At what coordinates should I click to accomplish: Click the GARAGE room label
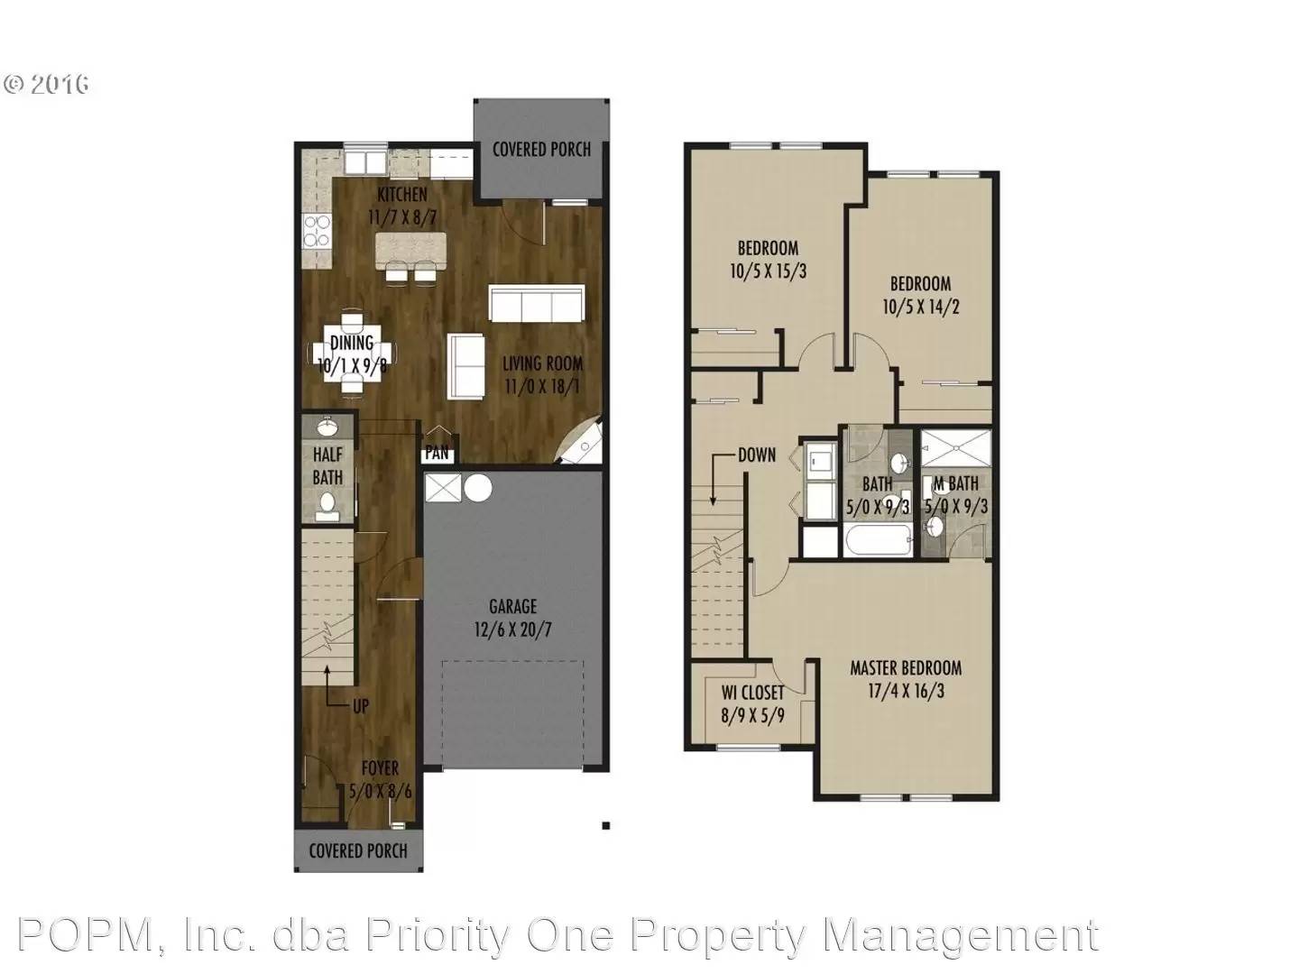pos(512,607)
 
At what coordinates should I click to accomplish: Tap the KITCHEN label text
pos(402,195)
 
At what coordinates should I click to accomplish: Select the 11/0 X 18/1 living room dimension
pos(542,387)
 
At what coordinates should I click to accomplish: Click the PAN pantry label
pos(438,454)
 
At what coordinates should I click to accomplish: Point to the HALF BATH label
pos(327,465)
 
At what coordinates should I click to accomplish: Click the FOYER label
pos(380,768)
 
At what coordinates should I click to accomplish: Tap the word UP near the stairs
pos(360,706)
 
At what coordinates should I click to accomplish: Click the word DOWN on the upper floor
pos(756,455)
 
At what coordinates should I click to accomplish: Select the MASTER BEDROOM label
pos(905,668)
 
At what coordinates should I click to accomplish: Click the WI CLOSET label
pos(752,693)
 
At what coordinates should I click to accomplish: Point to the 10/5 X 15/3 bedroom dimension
pos(768,271)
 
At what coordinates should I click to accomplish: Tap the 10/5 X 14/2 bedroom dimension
pos(920,307)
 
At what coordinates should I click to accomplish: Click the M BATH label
pos(956,484)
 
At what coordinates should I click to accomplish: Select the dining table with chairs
pos(352,353)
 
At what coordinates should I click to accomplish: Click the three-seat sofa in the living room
pos(537,303)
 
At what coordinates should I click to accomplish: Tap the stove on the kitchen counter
pos(317,232)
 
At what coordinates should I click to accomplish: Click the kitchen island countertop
pos(410,245)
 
